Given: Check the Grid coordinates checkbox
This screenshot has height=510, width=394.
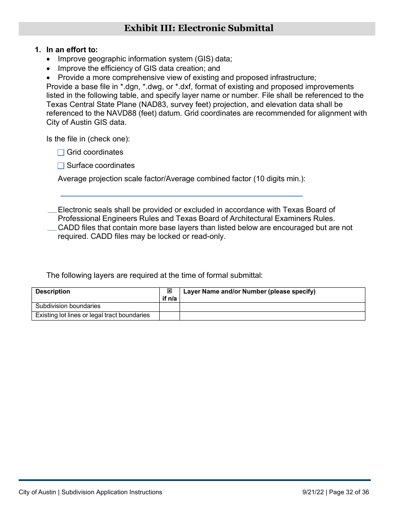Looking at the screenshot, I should point(61,153).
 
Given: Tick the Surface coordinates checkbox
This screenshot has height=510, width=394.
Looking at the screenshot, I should point(61,166).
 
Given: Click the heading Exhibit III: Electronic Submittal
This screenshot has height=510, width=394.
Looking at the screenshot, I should point(199,29).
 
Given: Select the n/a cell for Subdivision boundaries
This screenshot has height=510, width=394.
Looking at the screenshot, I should point(169,306).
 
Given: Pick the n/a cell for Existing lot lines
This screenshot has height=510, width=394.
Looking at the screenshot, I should point(169,316).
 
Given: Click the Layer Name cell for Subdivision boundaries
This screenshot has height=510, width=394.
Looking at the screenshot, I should point(272,306).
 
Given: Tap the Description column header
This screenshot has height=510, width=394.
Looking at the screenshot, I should point(53,291).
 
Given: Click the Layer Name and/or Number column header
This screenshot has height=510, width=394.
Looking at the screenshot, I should point(249,291).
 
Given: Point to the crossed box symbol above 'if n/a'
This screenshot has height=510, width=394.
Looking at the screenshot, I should point(169,291).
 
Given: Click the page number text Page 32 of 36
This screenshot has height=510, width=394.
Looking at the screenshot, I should point(349,493).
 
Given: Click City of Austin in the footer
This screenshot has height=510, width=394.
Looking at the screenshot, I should point(38,493).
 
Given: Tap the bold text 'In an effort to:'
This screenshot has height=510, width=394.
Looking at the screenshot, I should point(72,50).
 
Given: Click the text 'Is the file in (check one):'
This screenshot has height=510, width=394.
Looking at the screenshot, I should point(88,139).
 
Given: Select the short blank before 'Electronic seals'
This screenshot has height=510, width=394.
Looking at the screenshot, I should point(52,211).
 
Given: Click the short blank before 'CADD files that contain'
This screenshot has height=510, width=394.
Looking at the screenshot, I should point(52,229).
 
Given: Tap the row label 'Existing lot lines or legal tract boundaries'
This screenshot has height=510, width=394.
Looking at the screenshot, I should point(92,316).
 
